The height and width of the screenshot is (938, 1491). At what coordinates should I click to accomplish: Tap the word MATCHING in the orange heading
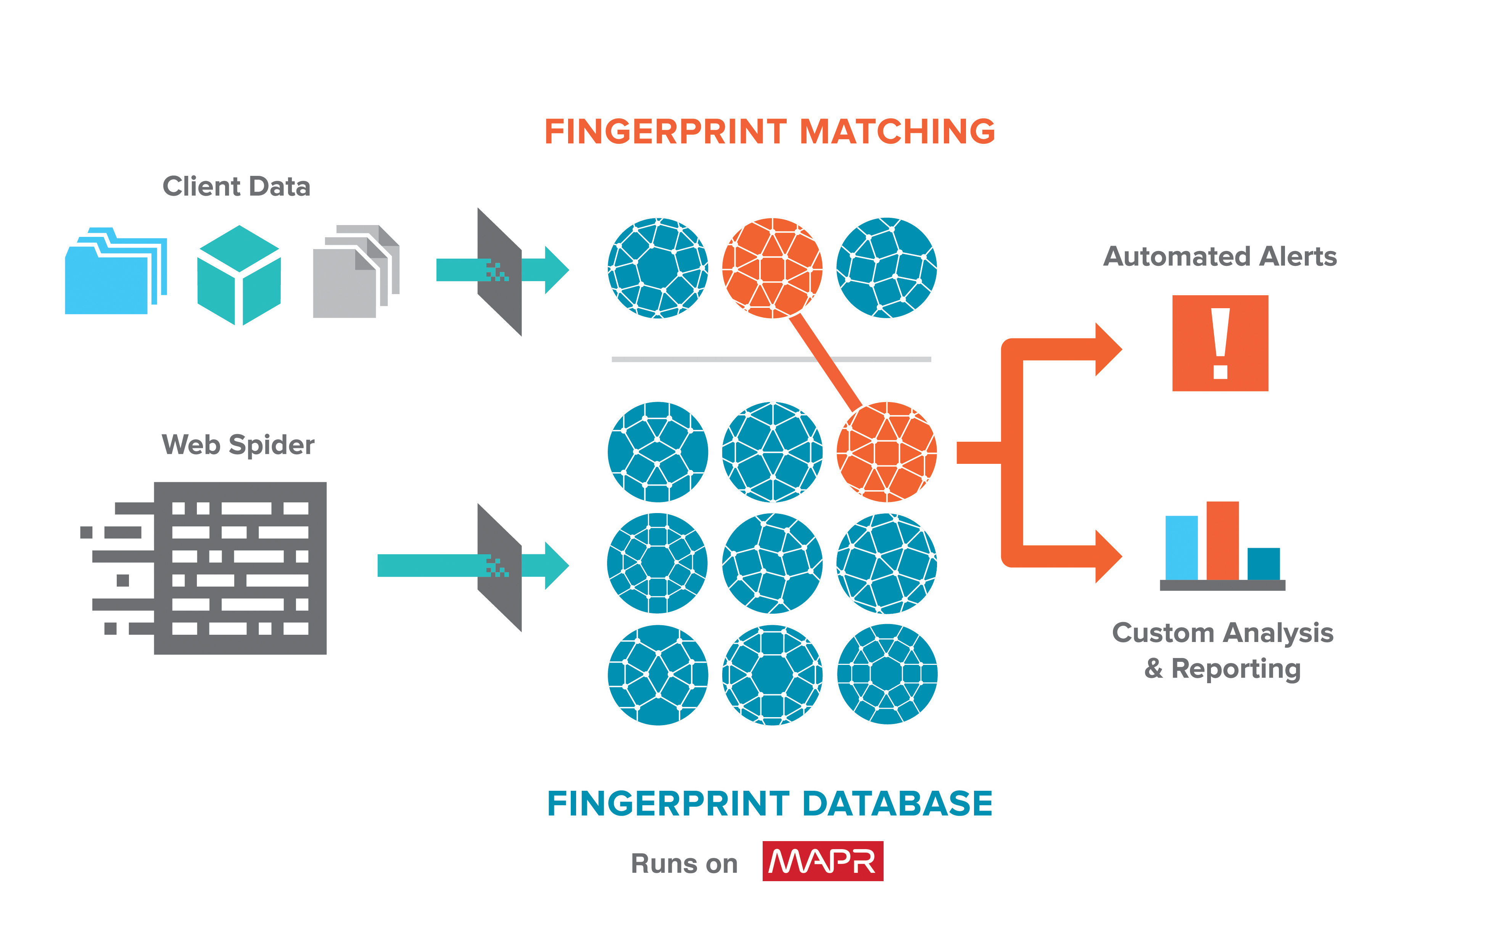click(897, 132)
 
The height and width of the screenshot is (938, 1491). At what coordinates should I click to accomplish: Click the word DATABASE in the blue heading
click(897, 804)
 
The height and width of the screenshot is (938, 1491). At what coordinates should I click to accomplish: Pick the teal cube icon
click(239, 275)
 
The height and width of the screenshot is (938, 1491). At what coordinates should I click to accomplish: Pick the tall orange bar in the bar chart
click(1222, 541)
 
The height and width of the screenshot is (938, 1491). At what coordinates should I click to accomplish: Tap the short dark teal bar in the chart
click(1263, 563)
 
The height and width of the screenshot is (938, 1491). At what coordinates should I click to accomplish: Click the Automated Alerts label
click(1220, 256)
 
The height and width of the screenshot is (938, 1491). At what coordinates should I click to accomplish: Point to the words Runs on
click(684, 863)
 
